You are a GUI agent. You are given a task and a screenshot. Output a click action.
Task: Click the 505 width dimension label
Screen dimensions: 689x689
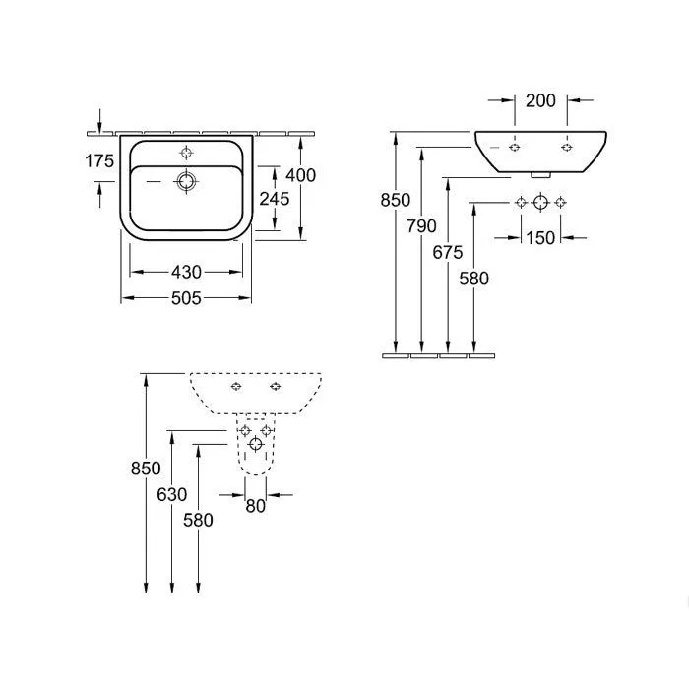tap(186, 298)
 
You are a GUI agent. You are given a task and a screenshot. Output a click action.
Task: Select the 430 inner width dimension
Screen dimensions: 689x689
tap(186, 272)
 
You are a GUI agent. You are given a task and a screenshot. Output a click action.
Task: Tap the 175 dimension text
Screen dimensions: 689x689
tap(99, 160)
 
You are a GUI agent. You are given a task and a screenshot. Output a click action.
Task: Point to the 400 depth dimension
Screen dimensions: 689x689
tap(301, 175)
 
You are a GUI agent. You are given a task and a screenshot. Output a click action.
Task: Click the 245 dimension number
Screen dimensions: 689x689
tap(275, 199)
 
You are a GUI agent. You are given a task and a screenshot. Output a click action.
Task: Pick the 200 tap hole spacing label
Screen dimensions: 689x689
tap(541, 100)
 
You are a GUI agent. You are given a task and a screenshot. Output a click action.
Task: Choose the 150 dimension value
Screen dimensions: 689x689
tap(541, 238)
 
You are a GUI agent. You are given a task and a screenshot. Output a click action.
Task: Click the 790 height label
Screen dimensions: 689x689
tap(422, 225)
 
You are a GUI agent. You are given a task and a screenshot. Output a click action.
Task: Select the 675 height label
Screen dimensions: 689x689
tap(448, 252)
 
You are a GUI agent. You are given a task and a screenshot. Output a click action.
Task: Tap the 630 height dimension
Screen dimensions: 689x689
tap(172, 494)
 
